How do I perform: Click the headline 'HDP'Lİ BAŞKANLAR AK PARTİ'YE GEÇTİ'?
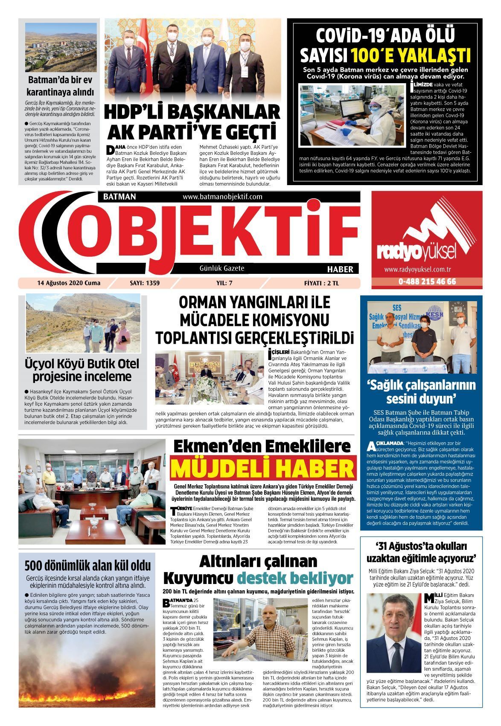[x=192, y=122]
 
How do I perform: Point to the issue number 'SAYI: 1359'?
[x=144, y=283]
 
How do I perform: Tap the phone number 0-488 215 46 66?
[x=427, y=282]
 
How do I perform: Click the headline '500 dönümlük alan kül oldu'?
[x=87, y=566]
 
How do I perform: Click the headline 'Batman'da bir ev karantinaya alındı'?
[x=60, y=86]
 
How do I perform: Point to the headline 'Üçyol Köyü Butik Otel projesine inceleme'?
[x=82, y=370]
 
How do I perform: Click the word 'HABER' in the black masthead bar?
[x=340, y=269]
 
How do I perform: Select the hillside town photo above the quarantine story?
[x=61, y=47]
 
